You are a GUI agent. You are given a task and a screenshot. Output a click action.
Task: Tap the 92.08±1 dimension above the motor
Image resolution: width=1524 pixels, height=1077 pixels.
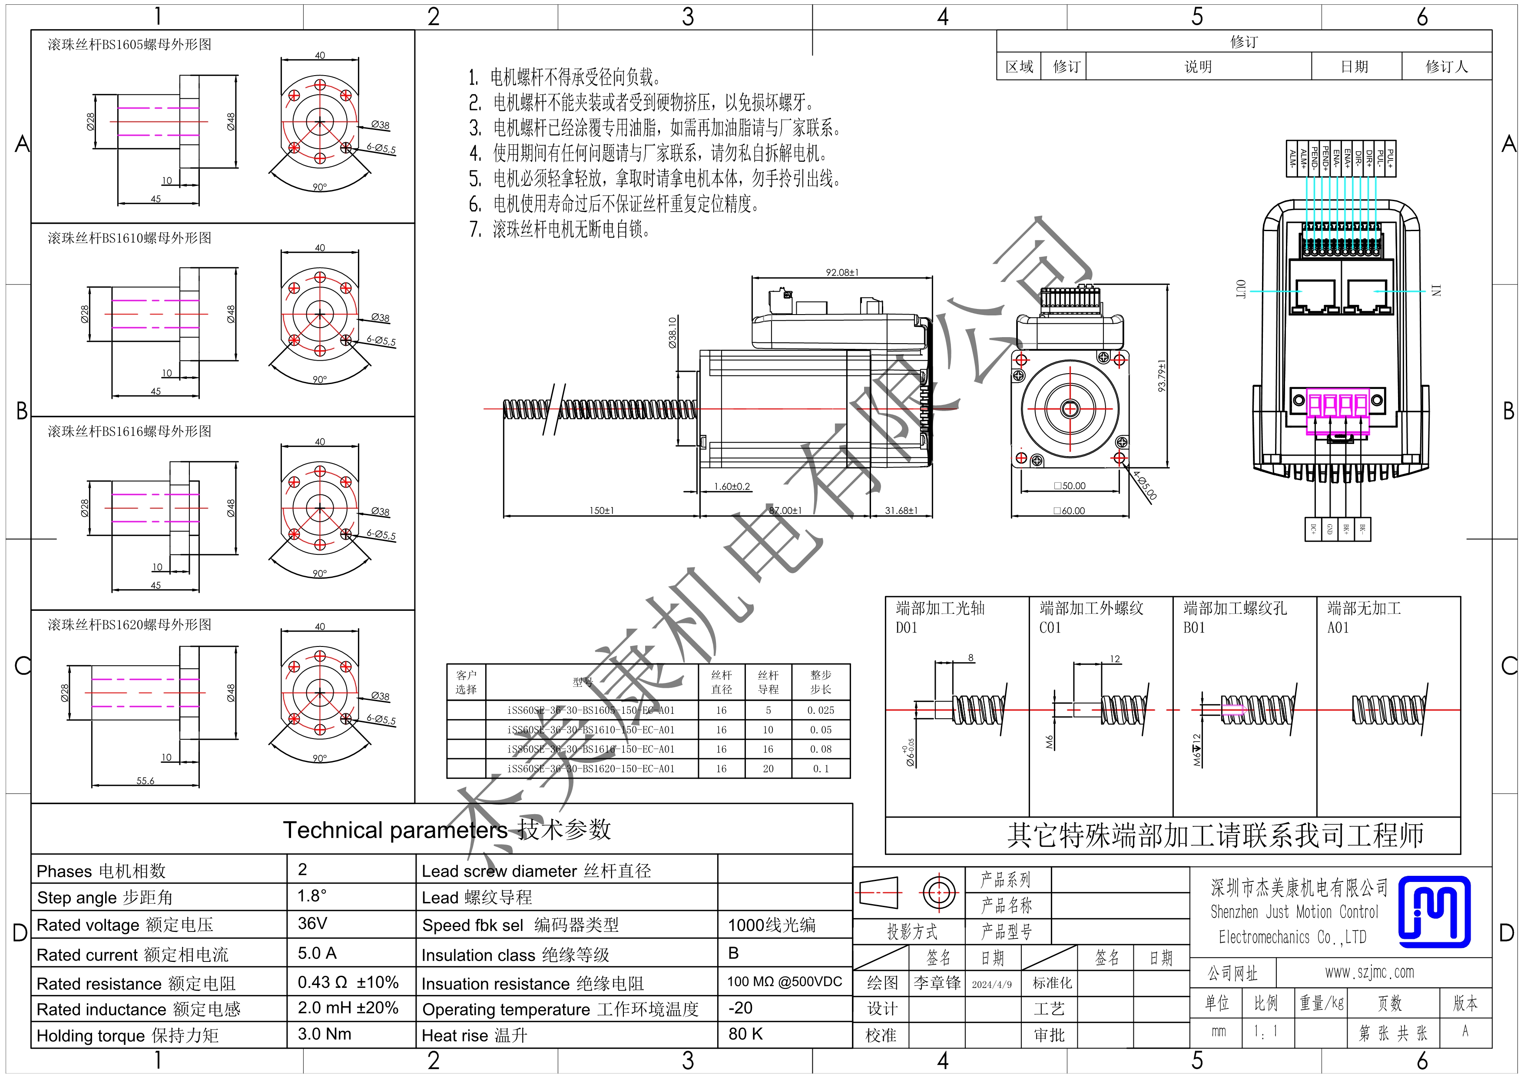pyautogui.click(x=842, y=272)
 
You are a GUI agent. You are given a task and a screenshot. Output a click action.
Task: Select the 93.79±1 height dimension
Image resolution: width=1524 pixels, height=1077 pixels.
pyautogui.click(x=1162, y=376)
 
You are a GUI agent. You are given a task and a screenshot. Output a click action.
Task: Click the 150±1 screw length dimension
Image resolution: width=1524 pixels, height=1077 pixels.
pyautogui.click(x=601, y=510)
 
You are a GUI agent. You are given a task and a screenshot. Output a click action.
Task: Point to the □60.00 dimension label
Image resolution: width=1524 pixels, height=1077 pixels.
pyautogui.click(x=1069, y=510)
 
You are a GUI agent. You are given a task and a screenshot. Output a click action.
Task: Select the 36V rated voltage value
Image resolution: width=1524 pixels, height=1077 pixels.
pyautogui.click(x=312, y=923)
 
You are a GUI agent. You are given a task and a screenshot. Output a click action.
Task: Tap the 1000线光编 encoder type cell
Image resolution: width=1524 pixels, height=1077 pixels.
pyautogui.click(x=771, y=925)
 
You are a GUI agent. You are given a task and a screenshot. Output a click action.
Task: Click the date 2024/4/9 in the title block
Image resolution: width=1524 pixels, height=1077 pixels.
pyautogui.click(x=992, y=984)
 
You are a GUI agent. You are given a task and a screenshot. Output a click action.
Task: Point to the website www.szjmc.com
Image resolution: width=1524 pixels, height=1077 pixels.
pyautogui.click(x=1369, y=972)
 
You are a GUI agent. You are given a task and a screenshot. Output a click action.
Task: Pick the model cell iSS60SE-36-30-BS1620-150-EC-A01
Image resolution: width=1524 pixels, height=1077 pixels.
pyautogui.click(x=591, y=769)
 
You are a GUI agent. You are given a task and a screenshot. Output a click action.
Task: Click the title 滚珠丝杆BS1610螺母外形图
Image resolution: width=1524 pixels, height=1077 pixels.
pyautogui.click(x=129, y=238)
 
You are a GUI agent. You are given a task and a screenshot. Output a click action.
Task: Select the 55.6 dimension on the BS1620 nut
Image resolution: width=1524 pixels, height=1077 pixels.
pyautogui.click(x=146, y=780)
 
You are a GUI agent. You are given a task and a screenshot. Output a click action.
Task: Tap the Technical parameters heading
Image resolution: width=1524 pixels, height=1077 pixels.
pyautogui.click(x=446, y=829)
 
